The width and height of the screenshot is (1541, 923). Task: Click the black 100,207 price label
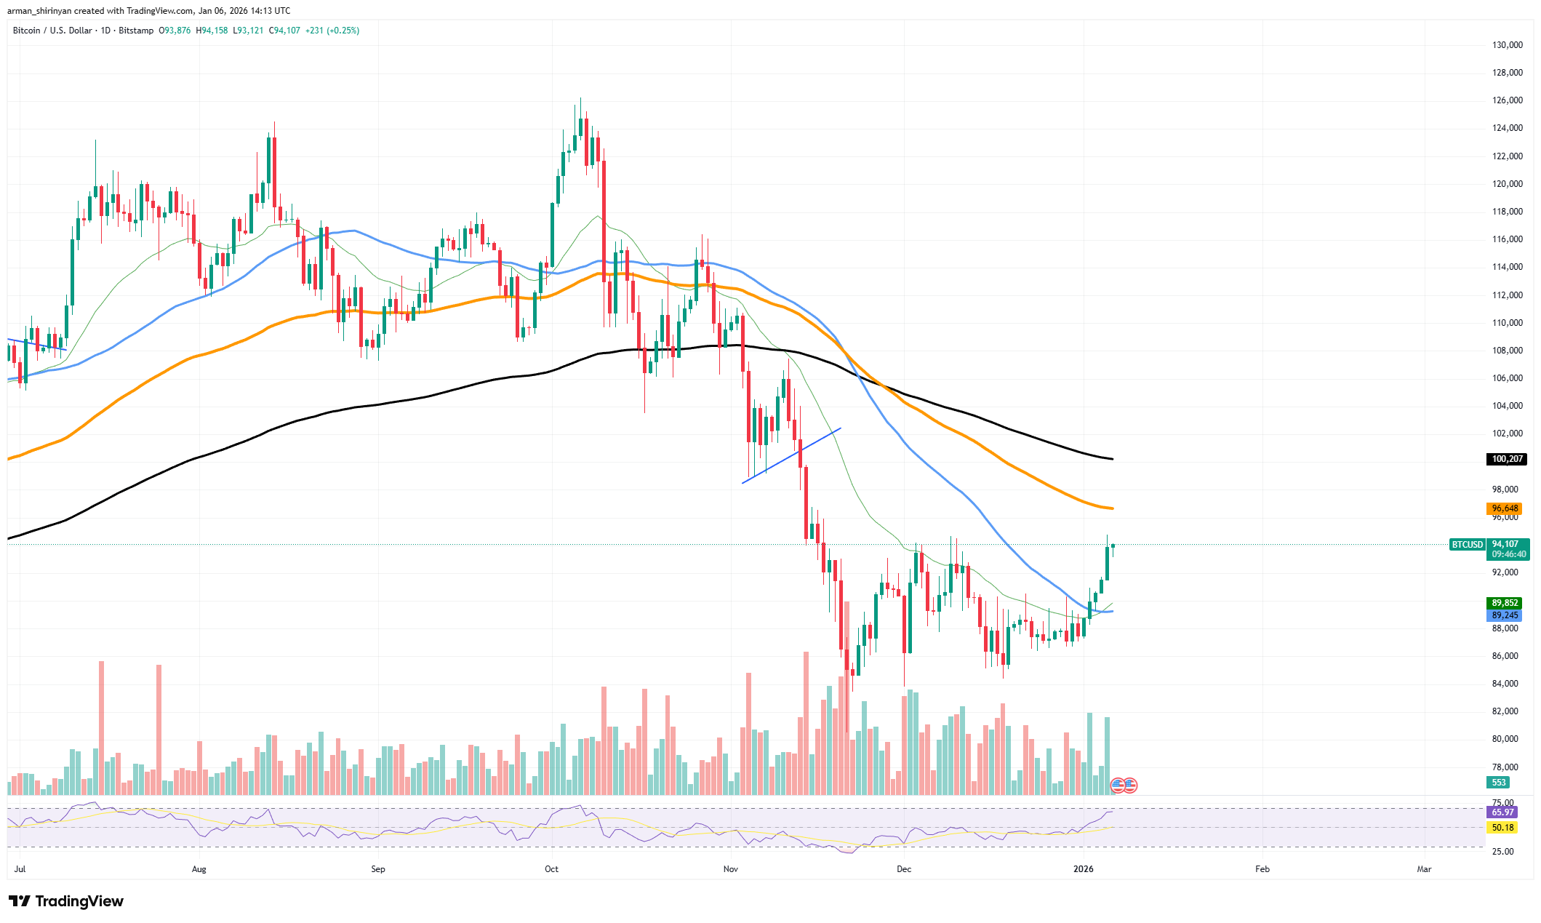point(1507,459)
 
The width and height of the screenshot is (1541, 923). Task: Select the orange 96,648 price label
point(1505,508)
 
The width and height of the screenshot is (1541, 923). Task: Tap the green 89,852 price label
point(1505,603)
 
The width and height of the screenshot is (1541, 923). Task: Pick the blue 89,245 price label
point(1505,615)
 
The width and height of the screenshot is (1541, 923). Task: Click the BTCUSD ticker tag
point(1467,544)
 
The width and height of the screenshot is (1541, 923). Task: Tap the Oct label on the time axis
point(551,869)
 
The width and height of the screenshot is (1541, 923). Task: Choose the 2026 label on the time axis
point(1084,869)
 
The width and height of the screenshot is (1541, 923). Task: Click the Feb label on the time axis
point(1262,869)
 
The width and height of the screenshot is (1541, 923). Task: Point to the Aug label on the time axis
point(199,869)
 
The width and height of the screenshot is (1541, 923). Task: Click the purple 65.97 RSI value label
point(1502,812)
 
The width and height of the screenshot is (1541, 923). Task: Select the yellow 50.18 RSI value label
point(1502,828)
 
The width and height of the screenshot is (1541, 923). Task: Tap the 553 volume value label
point(1498,783)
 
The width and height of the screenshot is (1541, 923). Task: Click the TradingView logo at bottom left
point(66,901)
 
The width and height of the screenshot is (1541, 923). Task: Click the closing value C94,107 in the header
point(284,31)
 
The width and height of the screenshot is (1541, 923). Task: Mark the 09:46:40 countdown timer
point(1509,554)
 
